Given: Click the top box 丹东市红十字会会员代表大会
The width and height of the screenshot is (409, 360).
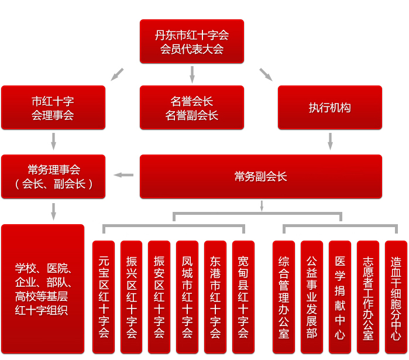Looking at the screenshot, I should coord(191,42).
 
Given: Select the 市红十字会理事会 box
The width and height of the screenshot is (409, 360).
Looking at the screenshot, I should coord(53,108).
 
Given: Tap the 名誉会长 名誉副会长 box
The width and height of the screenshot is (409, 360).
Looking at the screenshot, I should coord(191,108).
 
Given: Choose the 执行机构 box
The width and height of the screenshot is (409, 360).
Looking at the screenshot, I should coord(329,108).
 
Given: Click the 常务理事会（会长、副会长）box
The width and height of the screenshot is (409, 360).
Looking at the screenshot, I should coord(53,176).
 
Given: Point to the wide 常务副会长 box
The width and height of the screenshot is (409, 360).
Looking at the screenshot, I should coord(260,176).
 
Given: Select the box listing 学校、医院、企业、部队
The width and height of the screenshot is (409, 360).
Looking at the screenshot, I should coord(42,289).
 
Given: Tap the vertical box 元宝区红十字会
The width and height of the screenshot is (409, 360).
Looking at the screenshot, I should coord(104,297).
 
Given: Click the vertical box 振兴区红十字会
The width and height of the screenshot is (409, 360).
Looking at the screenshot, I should coord(132,297).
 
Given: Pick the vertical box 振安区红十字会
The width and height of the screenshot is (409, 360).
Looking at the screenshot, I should coord(159,297).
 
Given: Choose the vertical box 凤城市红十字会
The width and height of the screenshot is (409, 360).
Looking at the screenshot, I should coord(187,297).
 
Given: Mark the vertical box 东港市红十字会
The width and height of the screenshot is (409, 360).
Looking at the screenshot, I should coord(215,297).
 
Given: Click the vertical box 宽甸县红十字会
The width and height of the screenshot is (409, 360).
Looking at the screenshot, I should coord(243,297).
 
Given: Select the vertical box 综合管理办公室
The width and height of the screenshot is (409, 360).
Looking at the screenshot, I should coord(284,297).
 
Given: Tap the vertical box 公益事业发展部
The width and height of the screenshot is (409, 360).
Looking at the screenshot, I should coord(312,297).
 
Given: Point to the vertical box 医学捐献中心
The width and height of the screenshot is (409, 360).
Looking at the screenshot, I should coord(340,297).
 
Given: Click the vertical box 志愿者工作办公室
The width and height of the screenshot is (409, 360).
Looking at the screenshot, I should coord(368,297).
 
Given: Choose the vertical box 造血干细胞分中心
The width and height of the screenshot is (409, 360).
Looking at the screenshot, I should coord(396,297).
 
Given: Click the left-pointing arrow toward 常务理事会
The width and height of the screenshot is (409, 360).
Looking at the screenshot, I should coord(123,174).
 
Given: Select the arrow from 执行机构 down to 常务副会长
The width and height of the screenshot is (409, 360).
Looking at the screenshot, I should coord(330,141).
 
